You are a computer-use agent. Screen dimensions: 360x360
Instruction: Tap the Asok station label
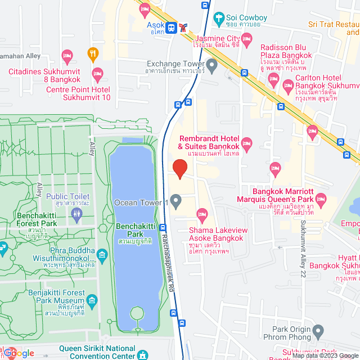156,26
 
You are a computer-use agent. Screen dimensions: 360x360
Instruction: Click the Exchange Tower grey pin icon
212,67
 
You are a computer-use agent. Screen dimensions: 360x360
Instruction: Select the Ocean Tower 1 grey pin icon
176,201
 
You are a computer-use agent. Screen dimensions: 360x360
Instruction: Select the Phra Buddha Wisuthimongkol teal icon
102,255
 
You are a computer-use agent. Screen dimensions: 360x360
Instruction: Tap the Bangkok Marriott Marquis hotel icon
321,199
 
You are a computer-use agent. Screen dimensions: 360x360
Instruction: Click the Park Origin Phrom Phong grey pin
319,332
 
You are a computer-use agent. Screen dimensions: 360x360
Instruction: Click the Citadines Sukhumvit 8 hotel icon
97,73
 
